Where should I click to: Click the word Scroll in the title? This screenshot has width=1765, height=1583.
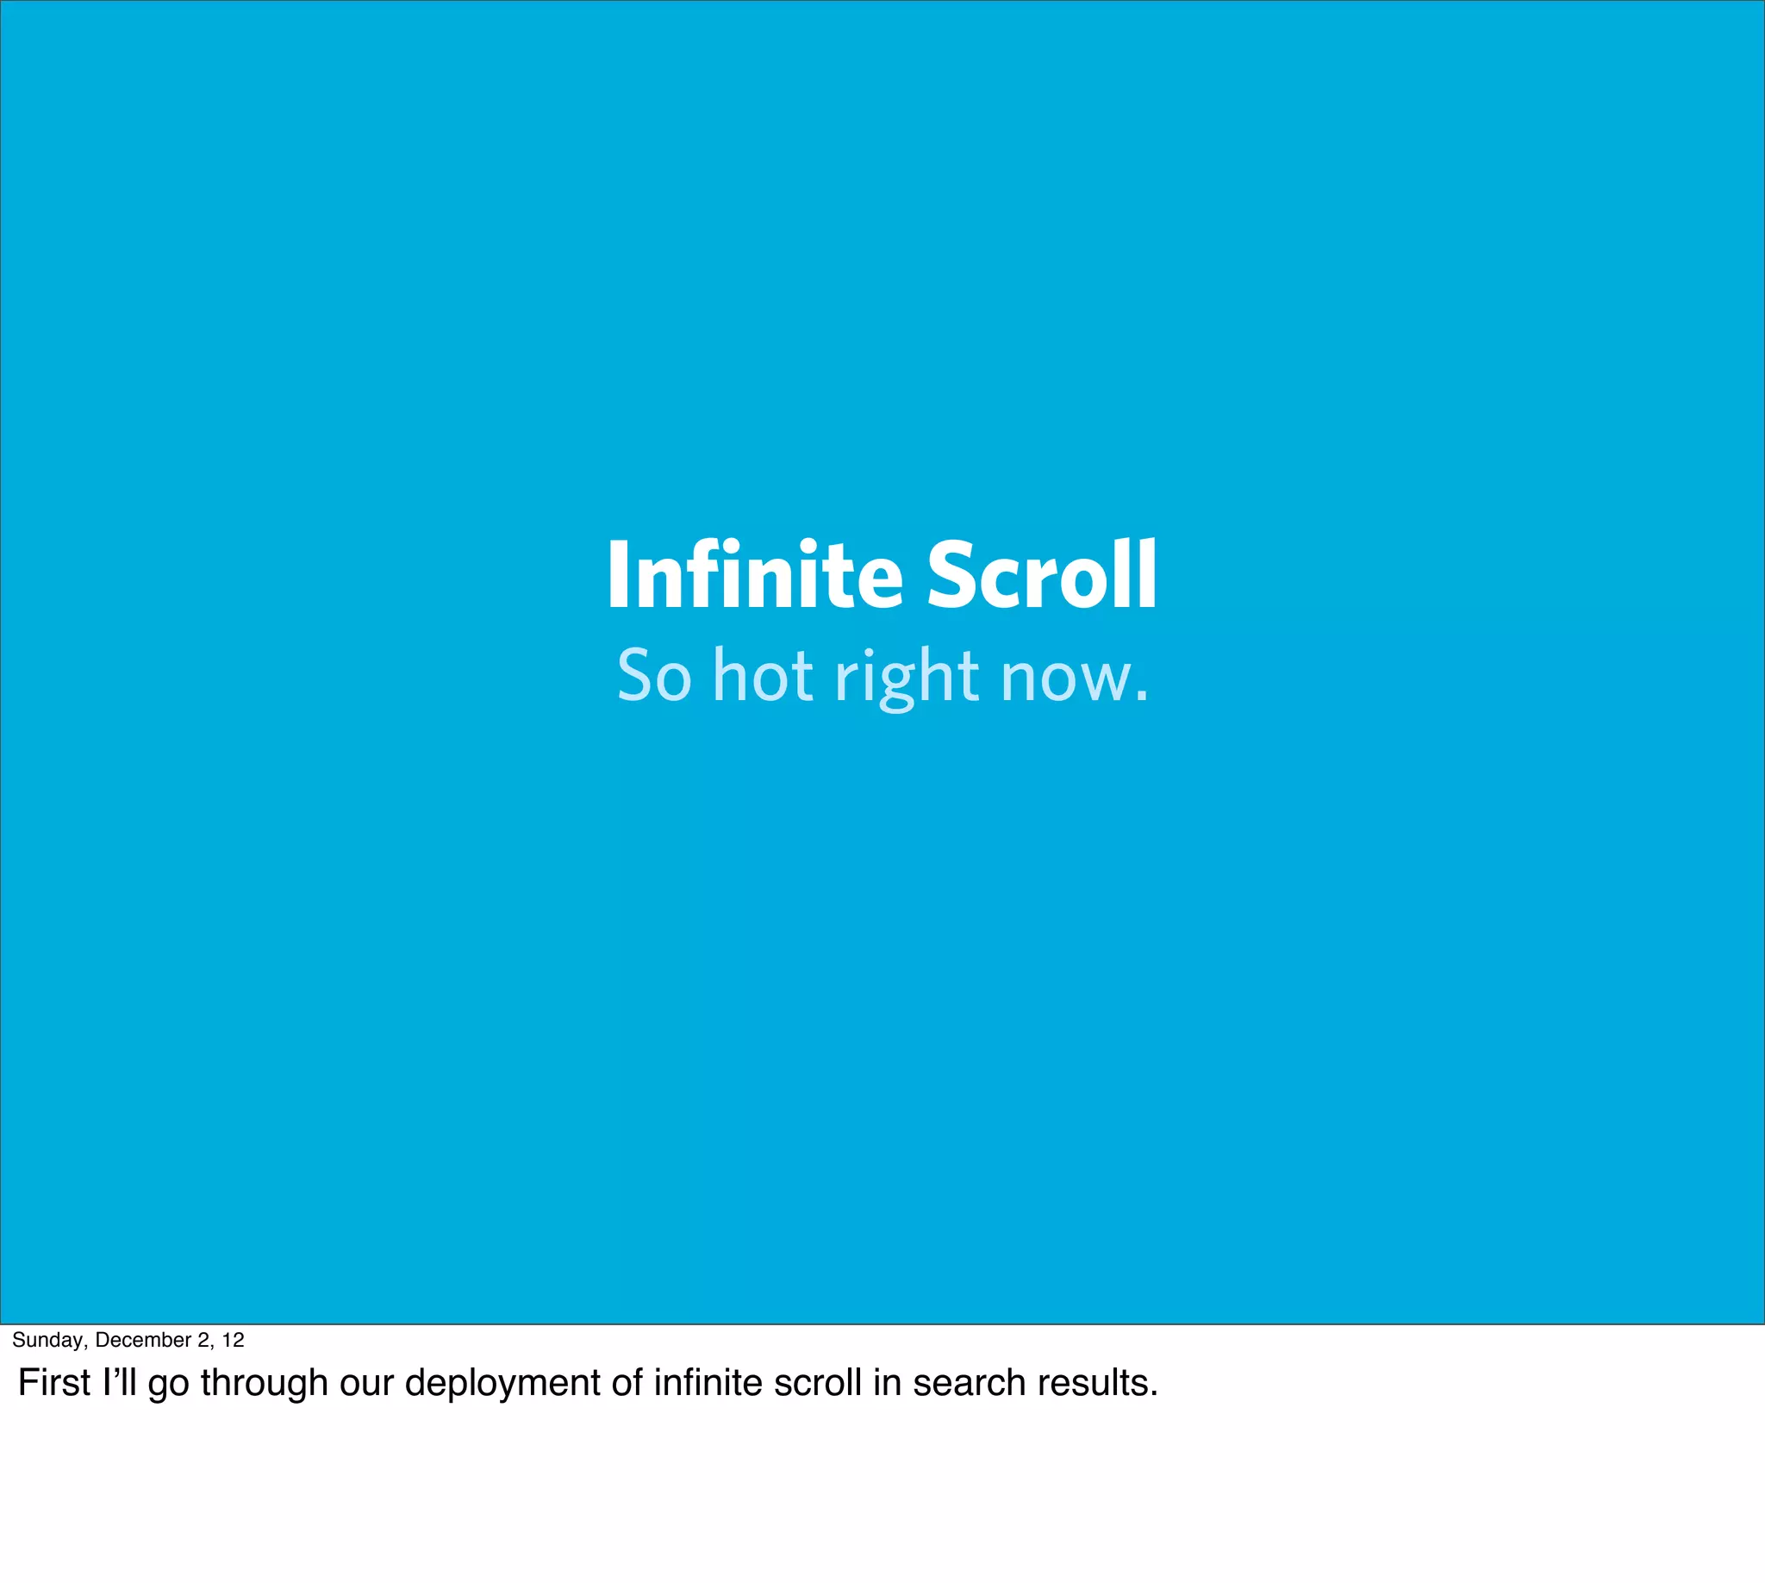[x=1042, y=576]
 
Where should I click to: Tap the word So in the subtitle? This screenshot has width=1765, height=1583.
[x=654, y=676]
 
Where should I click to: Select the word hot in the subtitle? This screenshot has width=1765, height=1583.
[x=763, y=676]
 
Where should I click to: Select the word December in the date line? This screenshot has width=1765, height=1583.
[x=142, y=1340]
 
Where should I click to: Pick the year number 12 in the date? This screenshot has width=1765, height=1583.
[x=233, y=1340]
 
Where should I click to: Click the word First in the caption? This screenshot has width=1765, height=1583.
[x=54, y=1383]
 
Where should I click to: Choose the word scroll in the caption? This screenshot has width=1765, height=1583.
[x=816, y=1383]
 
